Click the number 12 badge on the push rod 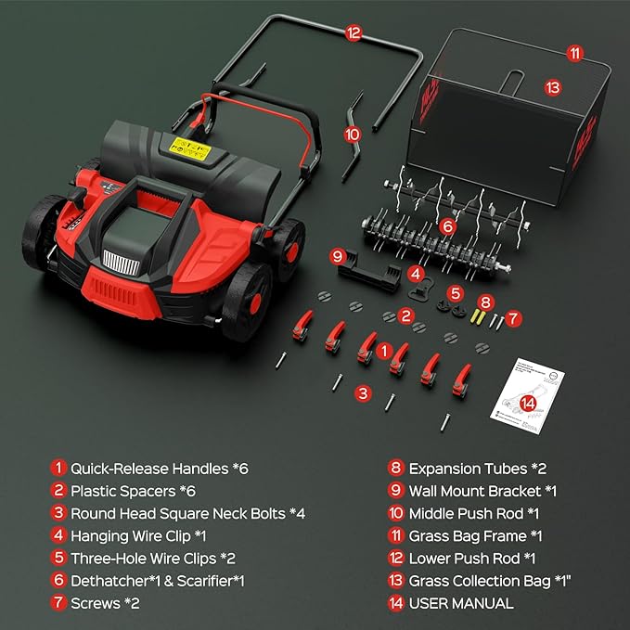tap(353, 32)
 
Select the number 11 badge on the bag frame tap(574, 54)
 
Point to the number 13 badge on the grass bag tap(553, 88)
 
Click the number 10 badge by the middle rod tap(352, 134)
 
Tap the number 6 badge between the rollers tap(447, 225)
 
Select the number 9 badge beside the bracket tap(338, 255)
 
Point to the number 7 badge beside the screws tap(513, 317)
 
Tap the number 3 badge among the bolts tap(364, 393)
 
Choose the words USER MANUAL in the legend tap(461, 603)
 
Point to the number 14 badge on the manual tap(528, 403)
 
